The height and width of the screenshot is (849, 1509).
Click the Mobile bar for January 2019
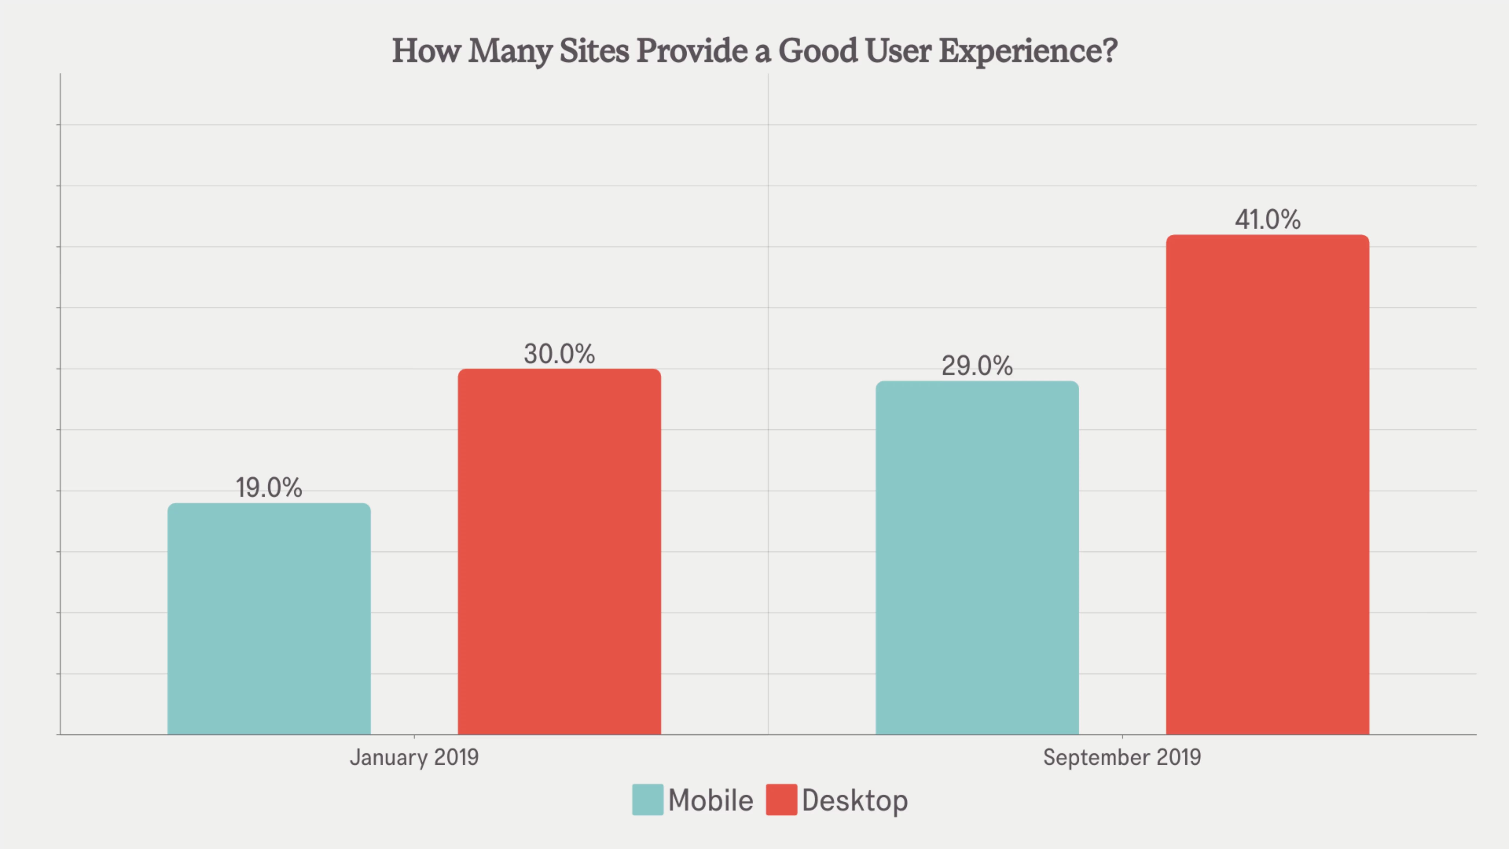[x=269, y=618]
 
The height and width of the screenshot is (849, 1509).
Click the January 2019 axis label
[x=414, y=757]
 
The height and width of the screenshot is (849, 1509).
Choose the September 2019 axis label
[x=1122, y=757]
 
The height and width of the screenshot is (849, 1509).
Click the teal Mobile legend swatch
[x=647, y=800]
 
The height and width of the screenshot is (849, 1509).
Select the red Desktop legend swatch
[x=782, y=800]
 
